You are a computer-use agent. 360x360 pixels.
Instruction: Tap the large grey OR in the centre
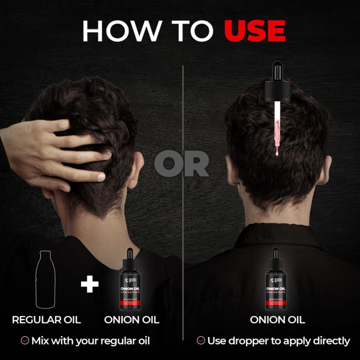(x=182, y=164)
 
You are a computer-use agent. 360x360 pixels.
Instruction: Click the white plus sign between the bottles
(x=90, y=284)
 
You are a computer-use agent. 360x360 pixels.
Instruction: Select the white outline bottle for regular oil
(x=45, y=281)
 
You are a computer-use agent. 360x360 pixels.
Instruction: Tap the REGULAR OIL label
(x=46, y=320)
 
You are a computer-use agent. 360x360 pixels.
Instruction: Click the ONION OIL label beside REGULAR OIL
(x=132, y=320)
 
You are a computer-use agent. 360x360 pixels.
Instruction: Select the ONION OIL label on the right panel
(x=277, y=320)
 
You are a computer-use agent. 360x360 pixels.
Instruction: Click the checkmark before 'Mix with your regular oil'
(x=25, y=341)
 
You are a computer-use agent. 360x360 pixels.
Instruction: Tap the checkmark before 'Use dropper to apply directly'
(x=201, y=341)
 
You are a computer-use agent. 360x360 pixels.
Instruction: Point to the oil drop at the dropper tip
(x=277, y=153)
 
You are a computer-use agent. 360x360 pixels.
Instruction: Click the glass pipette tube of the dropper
(x=277, y=126)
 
